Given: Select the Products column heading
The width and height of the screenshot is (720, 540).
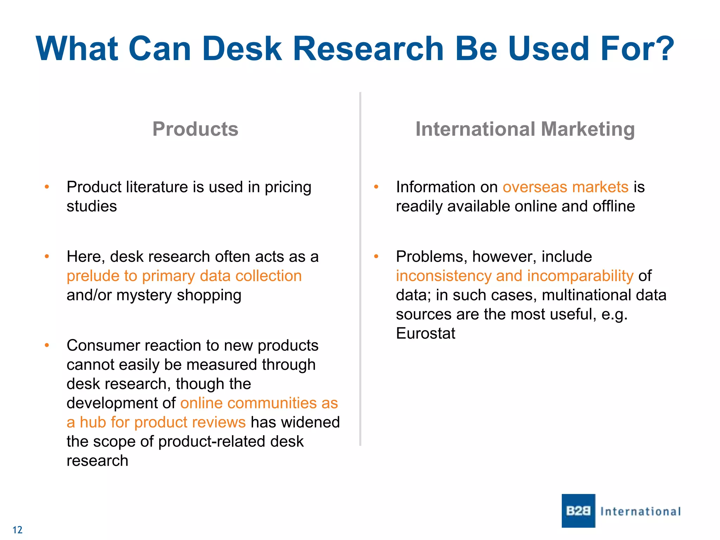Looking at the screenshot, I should (195, 129).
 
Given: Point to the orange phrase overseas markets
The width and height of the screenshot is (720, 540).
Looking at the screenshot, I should (565, 187).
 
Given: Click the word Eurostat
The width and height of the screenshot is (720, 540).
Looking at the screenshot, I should (425, 333).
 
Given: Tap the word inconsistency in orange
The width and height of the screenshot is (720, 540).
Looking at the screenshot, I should (443, 276).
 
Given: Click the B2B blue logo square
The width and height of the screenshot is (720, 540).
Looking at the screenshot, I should (578, 510).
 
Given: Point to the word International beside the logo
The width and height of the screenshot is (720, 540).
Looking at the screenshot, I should (640, 512).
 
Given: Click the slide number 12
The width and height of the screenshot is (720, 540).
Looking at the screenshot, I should (17, 530).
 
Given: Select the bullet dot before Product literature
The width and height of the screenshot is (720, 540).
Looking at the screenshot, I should (47, 187).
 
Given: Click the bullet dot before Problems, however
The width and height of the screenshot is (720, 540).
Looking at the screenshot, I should (376, 256).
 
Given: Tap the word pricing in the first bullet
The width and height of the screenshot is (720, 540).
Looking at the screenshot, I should (288, 187).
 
